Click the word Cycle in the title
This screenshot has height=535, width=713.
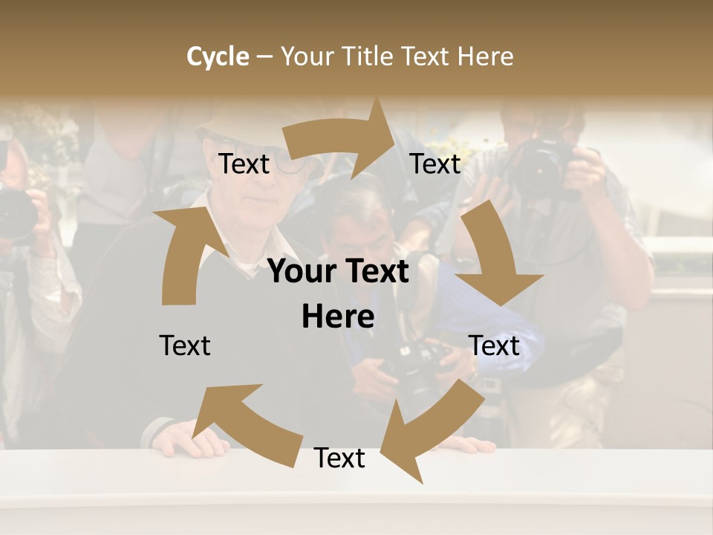pos(218,56)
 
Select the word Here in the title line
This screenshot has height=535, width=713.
pos(485,56)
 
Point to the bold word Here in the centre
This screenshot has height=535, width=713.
pos(338,317)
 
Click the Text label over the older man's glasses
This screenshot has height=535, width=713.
pos(244,164)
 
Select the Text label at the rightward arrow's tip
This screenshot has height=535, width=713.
pos(435,164)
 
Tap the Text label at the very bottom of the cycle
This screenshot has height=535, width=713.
pos(339,458)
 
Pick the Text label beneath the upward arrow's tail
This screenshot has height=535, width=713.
pos(185,346)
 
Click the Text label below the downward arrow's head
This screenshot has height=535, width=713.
pos(495,346)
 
